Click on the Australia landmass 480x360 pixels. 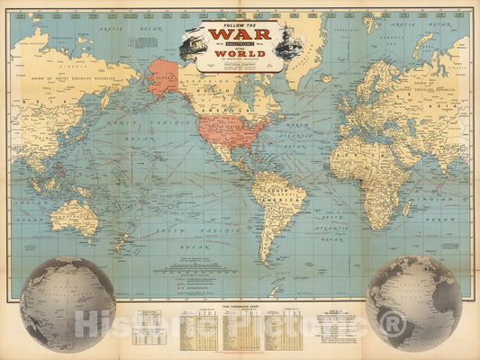[75, 216]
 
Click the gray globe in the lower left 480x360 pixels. [68, 303]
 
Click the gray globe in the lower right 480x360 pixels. [413, 303]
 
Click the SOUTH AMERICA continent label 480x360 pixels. [270, 194]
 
